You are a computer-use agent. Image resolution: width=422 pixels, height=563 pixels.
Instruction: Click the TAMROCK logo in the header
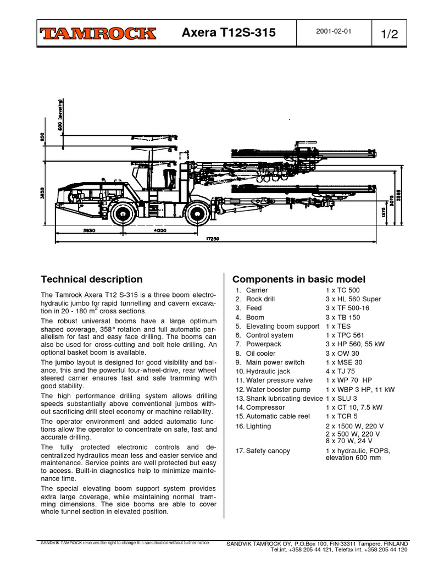pyautogui.click(x=97, y=34)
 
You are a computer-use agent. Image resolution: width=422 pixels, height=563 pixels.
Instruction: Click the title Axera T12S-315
pyautogui.click(x=229, y=34)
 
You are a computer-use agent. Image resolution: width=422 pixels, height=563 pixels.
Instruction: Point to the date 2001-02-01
pyautogui.click(x=333, y=31)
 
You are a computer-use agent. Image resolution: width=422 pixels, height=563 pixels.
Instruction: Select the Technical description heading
pyautogui.click(x=92, y=279)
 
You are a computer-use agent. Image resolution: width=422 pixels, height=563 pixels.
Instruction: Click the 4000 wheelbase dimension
pyautogui.click(x=160, y=231)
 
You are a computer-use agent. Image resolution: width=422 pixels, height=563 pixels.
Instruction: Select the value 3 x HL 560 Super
pyautogui.click(x=353, y=299)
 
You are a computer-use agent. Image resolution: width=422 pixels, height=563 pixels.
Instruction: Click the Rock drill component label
pyautogui.click(x=260, y=299)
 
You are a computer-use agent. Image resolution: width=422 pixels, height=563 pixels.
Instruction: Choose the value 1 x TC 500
pyautogui.click(x=342, y=290)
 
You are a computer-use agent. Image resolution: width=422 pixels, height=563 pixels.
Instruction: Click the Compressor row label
pyautogui.click(x=265, y=407)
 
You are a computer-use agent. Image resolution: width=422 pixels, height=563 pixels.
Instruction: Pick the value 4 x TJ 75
pyautogui.click(x=340, y=371)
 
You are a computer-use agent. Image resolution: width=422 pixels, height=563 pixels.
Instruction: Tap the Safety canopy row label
pyautogui.click(x=268, y=451)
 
